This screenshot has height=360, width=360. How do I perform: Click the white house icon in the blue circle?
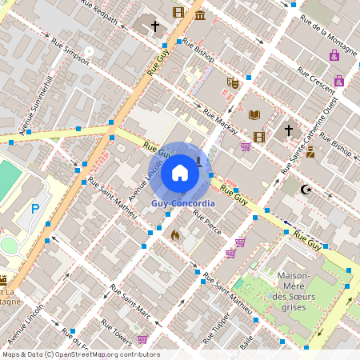click(180, 172)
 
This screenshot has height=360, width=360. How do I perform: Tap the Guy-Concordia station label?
click(183, 203)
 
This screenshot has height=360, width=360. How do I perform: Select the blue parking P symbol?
click(34, 209)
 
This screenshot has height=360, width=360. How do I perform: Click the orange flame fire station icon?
click(175, 235)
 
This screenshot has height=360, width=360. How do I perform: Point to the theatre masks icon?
click(233, 82)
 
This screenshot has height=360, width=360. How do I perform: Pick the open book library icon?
click(254, 115)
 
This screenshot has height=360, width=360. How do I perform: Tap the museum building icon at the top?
click(198, 14)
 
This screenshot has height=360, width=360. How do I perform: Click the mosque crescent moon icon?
click(304, 190)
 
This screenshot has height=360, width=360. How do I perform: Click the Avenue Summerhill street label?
click(36, 105)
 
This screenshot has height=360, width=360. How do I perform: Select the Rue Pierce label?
click(207, 226)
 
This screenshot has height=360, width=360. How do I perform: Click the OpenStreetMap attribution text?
click(80, 354)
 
